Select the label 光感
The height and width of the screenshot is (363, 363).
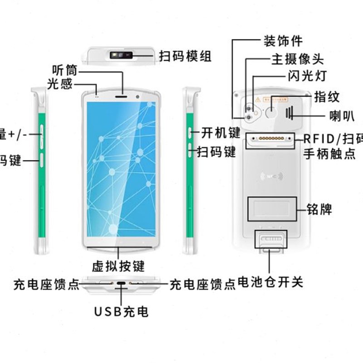click(59, 84)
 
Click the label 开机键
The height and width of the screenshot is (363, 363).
click(221, 133)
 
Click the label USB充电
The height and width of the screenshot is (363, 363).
click(121, 312)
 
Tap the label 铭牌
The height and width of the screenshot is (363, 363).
click(319, 210)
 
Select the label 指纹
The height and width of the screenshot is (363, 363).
click(327, 97)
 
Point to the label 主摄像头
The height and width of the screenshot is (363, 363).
click(297, 59)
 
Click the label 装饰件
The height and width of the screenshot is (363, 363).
click(283, 41)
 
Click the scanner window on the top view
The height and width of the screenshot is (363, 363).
click(121, 56)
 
